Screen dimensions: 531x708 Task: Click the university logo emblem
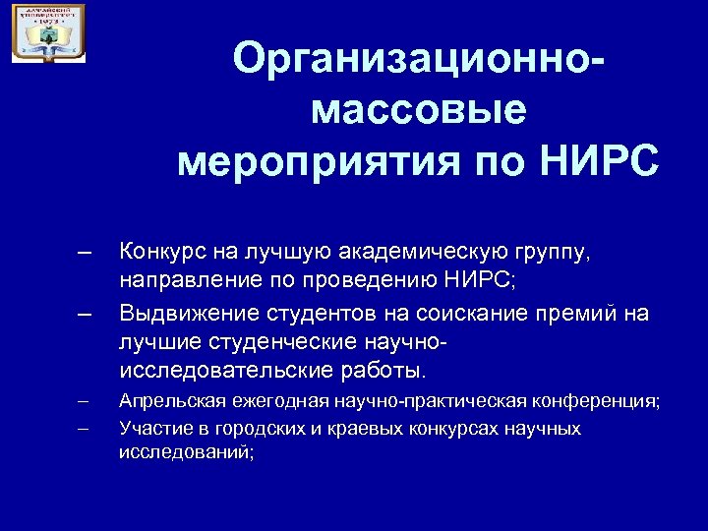pyautogui.click(x=48, y=33)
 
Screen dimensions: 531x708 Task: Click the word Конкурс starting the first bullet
pyautogui.click(x=158, y=255)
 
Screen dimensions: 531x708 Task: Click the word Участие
pyautogui.click(x=151, y=429)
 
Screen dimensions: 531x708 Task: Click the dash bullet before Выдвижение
pyautogui.click(x=85, y=314)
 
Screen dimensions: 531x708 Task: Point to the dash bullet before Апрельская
pyautogui.click(x=83, y=401)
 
